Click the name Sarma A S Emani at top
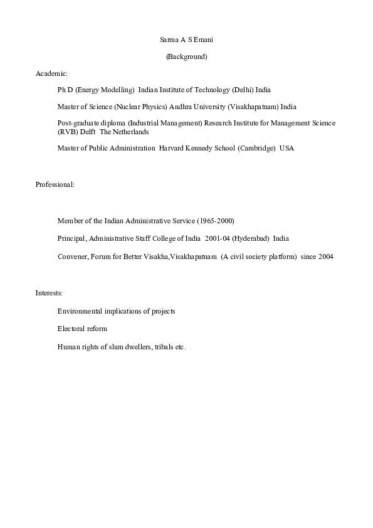click(x=187, y=40)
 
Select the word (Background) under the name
click(x=186, y=57)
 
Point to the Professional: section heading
click(x=55, y=184)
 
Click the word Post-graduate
click(x=78, y=124)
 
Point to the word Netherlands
click(x=130, y=132)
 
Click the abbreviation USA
click(x=286, y=149)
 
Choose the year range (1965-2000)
click(x=216, y=221)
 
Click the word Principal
click(x=71, y=239)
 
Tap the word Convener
click(x=72, y=256)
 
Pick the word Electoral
click(x=71, y=329)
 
